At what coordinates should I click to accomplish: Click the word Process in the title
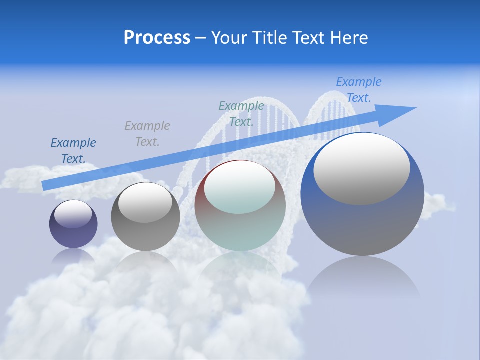tap(157, 38)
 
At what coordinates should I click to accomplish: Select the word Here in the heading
tap(348, 38)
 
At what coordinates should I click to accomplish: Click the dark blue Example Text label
tap(73, 150)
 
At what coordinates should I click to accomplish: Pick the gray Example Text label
tap(147, 133)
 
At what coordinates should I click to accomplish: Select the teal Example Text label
tap(241, 113)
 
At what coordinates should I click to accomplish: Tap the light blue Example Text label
tap(359, 89)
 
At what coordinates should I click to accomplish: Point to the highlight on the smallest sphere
tap(73, 213)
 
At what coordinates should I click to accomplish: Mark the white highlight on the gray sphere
tap(145, 202)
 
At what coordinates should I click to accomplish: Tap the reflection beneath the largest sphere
tap(363, 280)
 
